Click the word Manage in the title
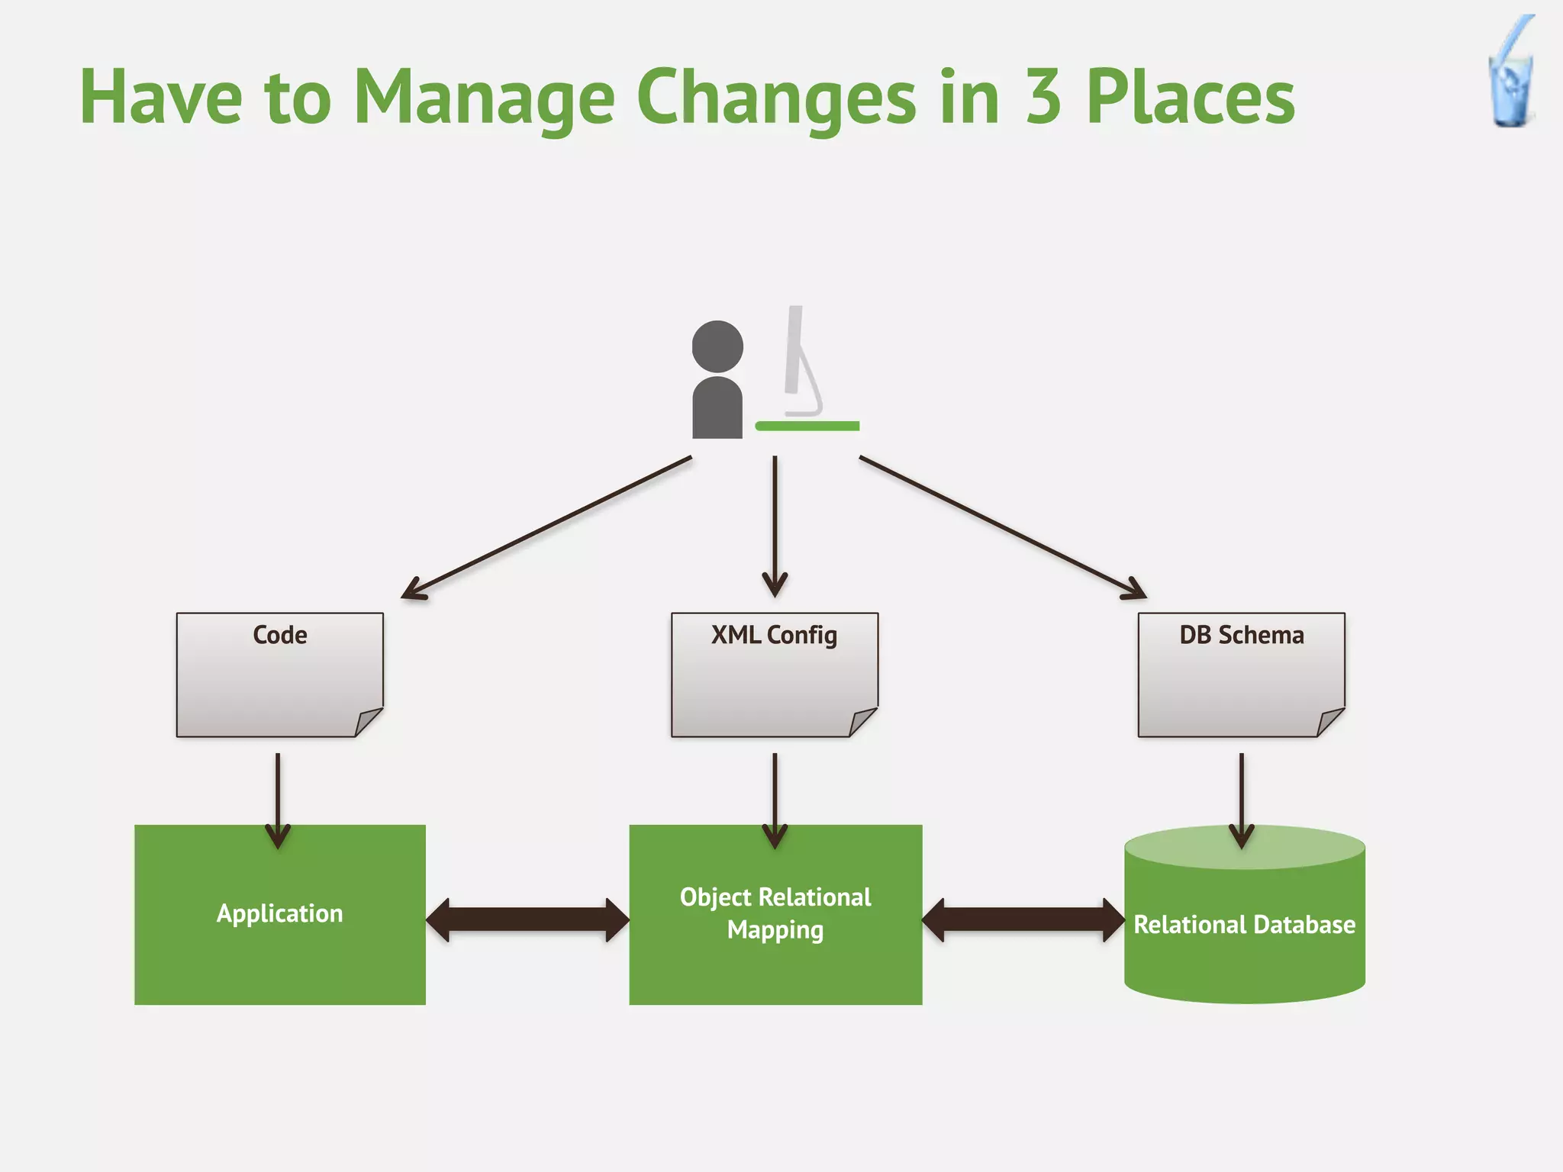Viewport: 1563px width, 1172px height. click(x=484, y=98)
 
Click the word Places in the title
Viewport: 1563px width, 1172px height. click(x=1191, y=98)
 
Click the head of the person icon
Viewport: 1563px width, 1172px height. click(x=717, y=346)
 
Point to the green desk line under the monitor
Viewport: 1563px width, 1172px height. click(x=807, y=426)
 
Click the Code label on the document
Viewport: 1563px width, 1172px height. click(x=280, y=635)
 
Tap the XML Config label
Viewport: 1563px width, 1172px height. click(x=774, y=635)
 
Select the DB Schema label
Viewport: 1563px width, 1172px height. click(x=1241, y=635)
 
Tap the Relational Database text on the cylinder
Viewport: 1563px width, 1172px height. click(x=1244, y=925)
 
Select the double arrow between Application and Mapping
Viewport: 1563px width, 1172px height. click(x=527, y=920)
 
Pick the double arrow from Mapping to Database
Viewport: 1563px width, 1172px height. click(x=1023, y=920)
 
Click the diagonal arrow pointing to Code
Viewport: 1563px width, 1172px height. click(x=546, y=526)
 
